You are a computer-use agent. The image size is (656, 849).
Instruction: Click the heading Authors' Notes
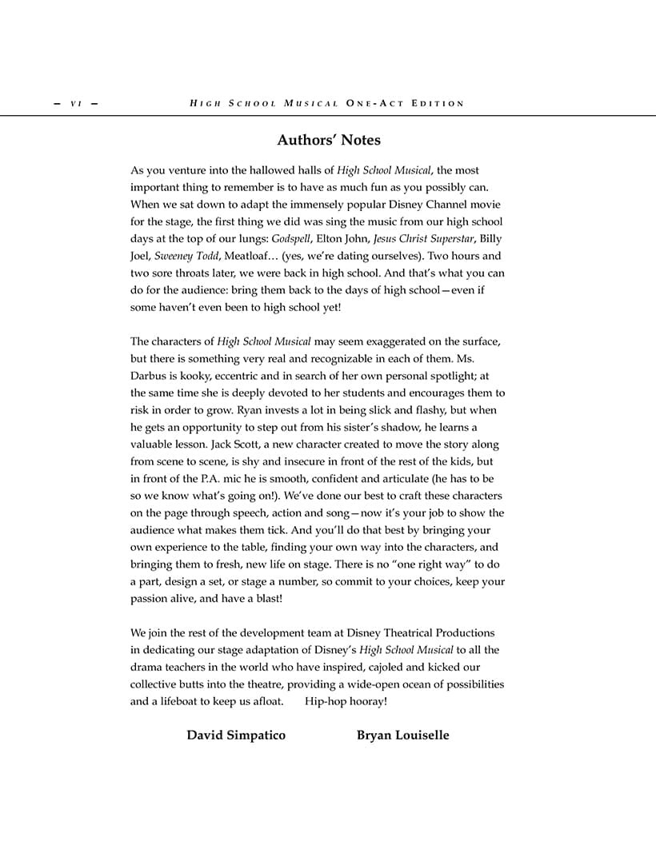click(328, 140)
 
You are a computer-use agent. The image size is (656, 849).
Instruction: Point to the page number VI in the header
click(77, 103)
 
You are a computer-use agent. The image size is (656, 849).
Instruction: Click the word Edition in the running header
click(438, 103)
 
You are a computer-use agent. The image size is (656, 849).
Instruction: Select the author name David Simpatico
click(236, 735)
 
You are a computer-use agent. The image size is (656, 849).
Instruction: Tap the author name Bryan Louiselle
click(402, 735)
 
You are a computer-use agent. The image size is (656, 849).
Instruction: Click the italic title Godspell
click(291, 238)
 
